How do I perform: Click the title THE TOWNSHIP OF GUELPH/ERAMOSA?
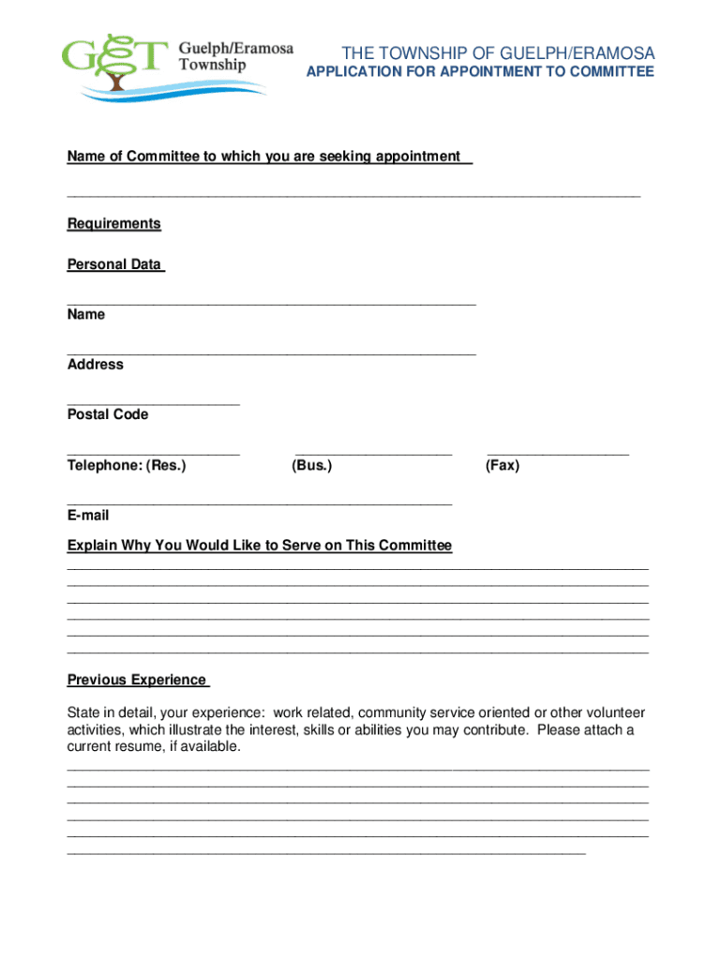(x=498, y=52)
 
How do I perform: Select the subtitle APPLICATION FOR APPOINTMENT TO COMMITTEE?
(x=481, y=72)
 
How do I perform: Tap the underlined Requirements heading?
(x=113, y=224)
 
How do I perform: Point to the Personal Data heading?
(x=114, y=265)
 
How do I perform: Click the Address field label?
(x=95, y=365)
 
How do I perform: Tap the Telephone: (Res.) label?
(x=127, y=465)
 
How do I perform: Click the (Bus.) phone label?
(x=312, y=465)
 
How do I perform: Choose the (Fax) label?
(x=502, y=465)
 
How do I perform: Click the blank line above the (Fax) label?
(x=557, y=454)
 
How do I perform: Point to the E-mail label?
(x=88, y=516)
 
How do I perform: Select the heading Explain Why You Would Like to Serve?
(x=260, y=546)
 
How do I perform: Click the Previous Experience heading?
(x=137, y=680)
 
